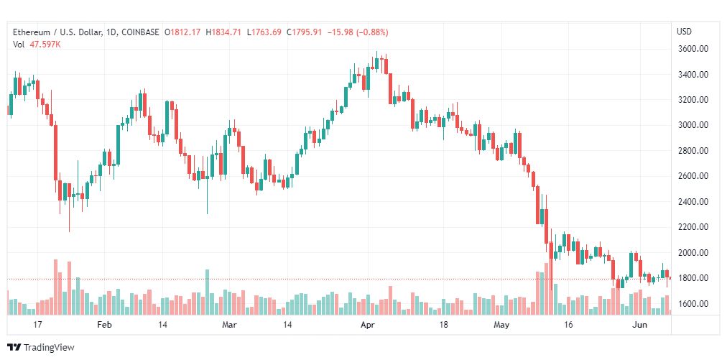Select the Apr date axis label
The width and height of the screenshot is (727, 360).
point(368,326)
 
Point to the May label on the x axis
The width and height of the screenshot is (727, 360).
point(501,326)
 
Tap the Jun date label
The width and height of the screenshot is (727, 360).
point(639,326)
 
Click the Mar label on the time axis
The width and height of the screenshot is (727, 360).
point(229,326)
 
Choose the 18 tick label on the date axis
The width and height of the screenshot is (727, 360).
point(444,326)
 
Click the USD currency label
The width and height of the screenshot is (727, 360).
point(684,32)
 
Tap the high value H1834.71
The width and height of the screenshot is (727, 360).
point(223,32)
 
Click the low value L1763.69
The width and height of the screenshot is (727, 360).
point(264,32)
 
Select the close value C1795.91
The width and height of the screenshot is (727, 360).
point(304,32)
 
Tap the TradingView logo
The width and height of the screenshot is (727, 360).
point(41,347)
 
